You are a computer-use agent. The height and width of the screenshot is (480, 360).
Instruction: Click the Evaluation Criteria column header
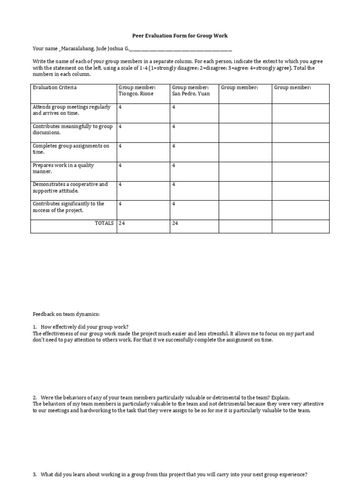(55, 88)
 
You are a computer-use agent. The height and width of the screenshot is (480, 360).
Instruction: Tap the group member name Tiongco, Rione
(136, 94)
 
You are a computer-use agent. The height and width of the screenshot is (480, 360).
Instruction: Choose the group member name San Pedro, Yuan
(191, 94)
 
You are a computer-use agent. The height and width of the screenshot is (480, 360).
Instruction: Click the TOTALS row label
(104, 223)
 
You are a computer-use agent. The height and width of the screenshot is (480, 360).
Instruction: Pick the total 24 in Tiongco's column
(122, 223)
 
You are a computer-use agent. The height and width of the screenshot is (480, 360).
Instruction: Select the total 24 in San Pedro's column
(175, 223)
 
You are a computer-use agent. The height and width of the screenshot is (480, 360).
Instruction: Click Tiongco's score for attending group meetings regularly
(120, 107)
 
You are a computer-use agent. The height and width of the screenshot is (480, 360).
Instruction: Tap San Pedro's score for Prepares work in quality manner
(174, 165)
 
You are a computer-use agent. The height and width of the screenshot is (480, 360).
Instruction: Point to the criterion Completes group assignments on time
(71, 149)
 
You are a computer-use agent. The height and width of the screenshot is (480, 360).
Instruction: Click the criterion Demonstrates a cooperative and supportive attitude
(70, 187)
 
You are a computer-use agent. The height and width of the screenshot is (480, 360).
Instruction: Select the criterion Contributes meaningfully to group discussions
(73, 129)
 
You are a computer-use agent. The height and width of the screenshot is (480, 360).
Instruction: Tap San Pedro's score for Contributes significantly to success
(174, 204)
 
